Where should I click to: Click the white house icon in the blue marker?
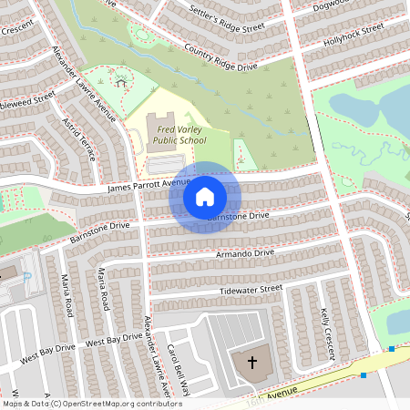205,196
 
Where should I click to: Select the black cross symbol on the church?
251,363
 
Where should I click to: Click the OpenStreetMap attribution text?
80,403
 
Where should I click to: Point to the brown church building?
251,364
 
